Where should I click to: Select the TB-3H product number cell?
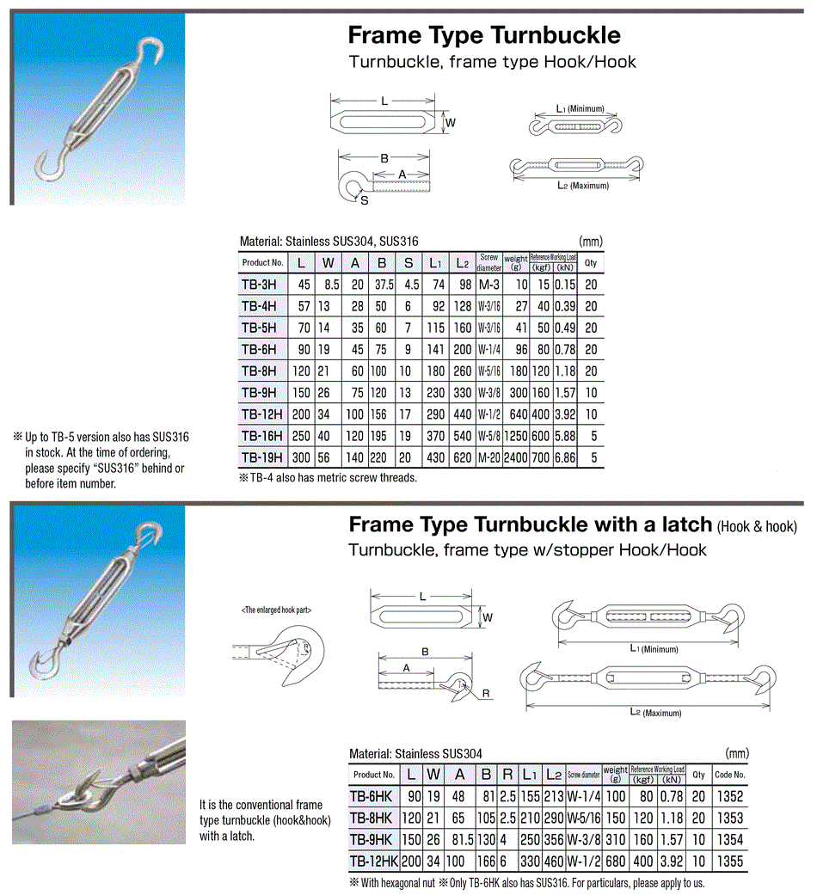tap(259, 283)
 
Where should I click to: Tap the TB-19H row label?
tap(261, 457)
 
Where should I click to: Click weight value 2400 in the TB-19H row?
tap(515, 457)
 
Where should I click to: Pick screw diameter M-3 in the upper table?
tap(488, 283)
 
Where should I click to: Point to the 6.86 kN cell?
tap(564, 457)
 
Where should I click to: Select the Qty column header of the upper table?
tap(590, 262)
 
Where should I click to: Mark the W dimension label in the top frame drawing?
tap(450, 123)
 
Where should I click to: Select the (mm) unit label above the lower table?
tap(737, 753)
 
